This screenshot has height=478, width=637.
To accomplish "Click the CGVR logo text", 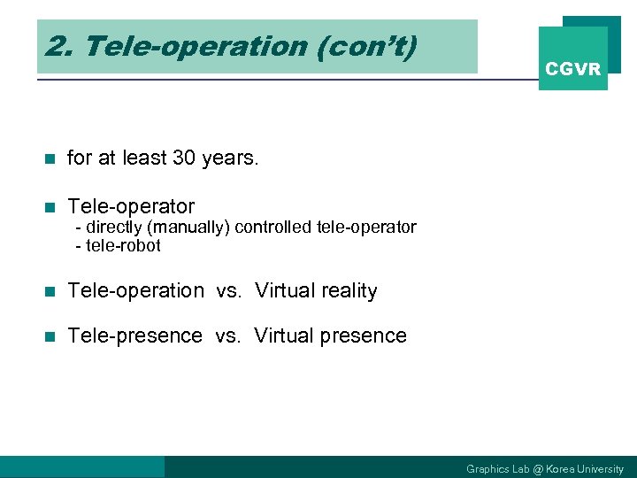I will click(x=572, y=69).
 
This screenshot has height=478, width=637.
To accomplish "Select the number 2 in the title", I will click(x=55, y=47).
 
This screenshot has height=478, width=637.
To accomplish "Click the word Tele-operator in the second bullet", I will click(x=131, y=207).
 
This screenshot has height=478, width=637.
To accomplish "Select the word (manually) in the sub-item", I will click(x=188, y=227).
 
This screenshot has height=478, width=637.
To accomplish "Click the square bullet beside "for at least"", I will click(x=50, y=159).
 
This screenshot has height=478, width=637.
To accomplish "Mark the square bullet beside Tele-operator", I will click(x=50, y=208).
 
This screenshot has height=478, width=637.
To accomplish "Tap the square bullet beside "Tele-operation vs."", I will click(x=50, y=292).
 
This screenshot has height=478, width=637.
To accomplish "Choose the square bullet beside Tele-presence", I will click(x=50, y=337).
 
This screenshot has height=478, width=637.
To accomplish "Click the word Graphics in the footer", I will click(x=487, y=469).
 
